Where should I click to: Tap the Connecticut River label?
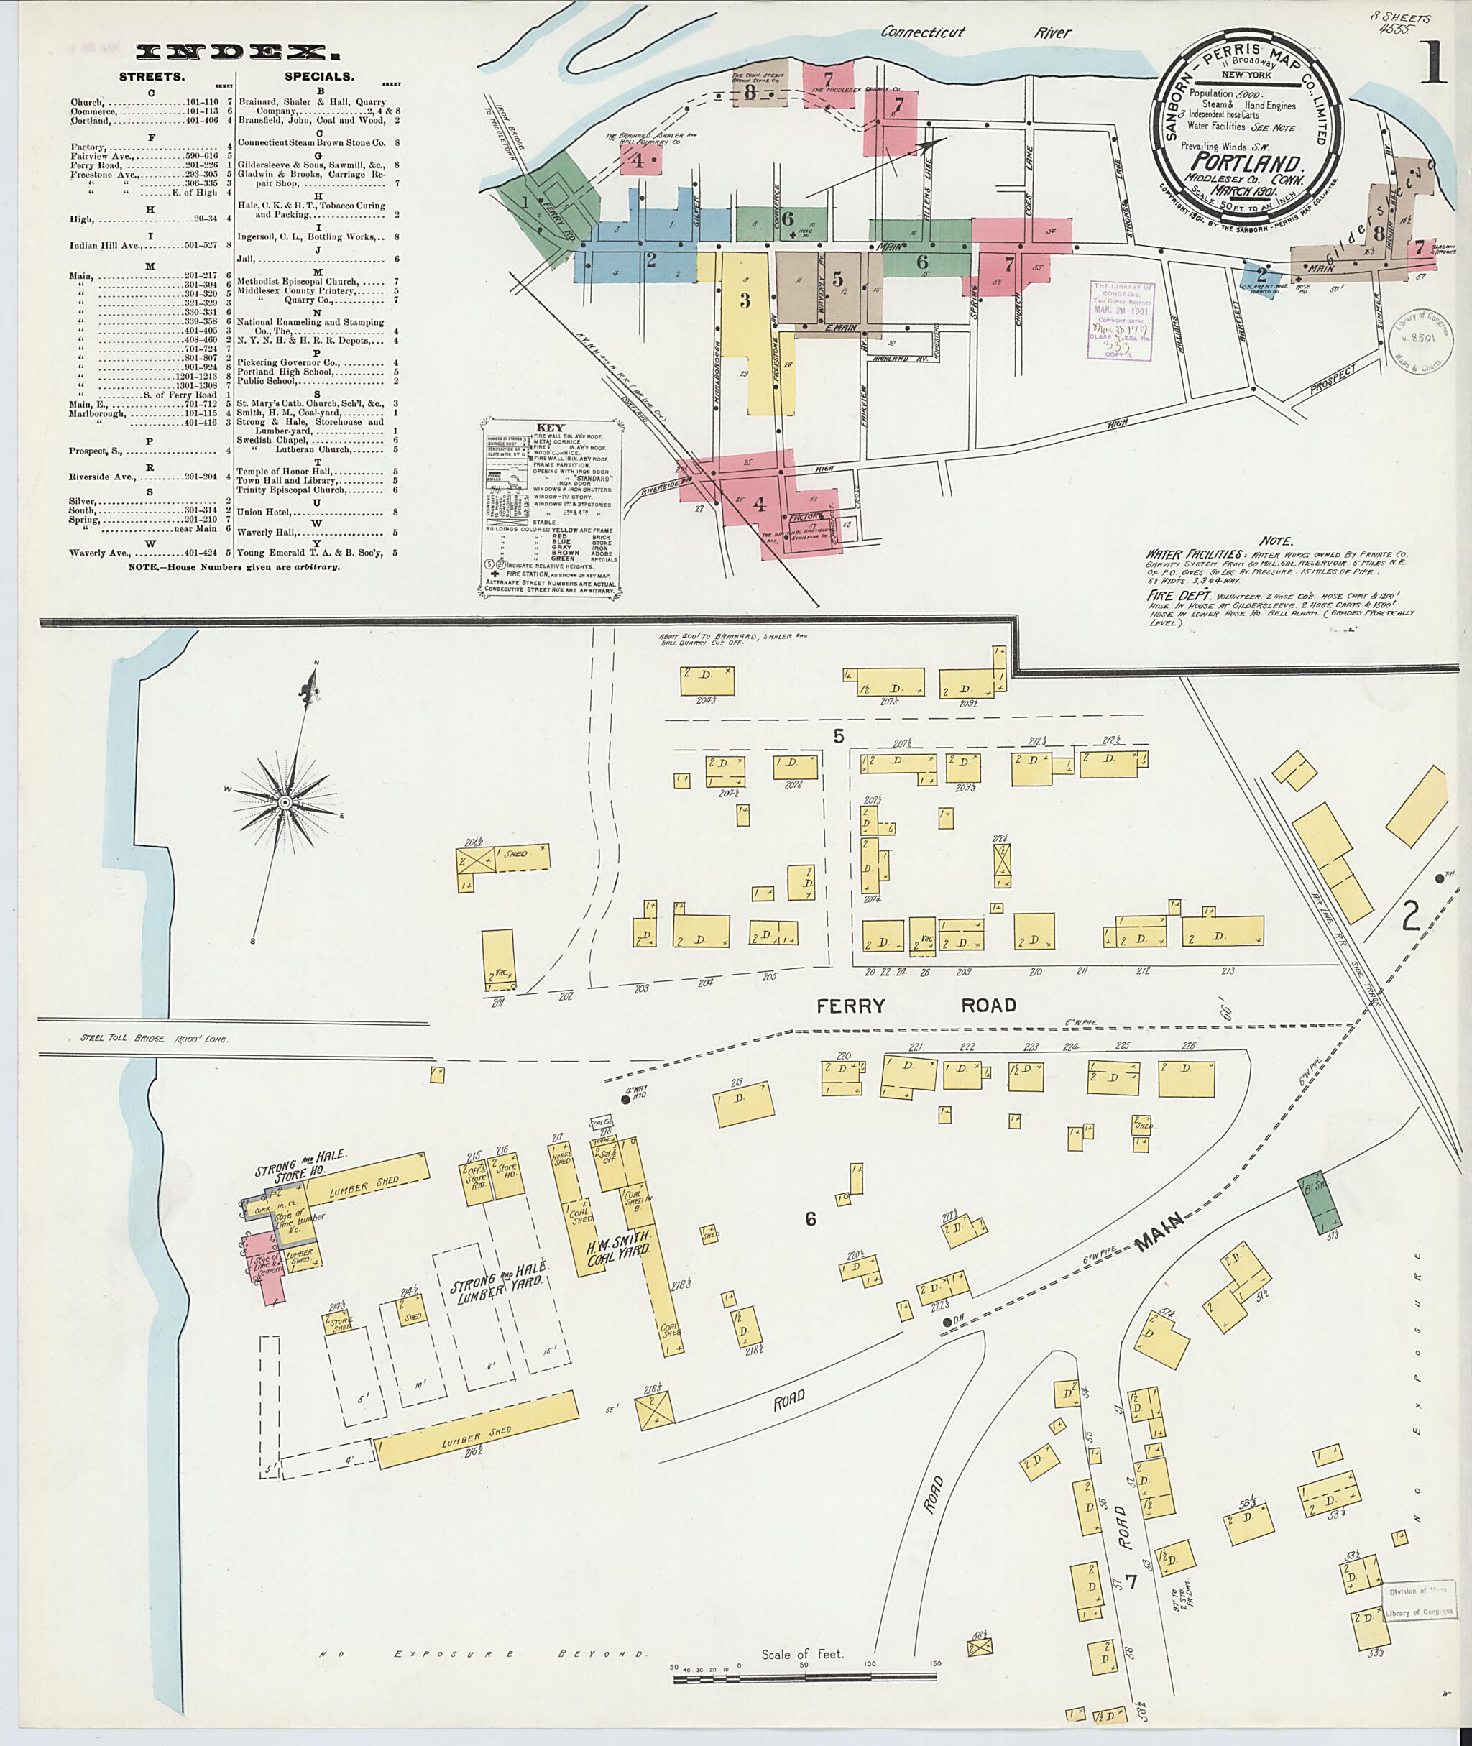(x=976, y=32)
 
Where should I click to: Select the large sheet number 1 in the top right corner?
(x=1432, y=64)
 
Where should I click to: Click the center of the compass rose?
(x=284, y=801)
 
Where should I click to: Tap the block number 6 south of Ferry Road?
(x=810, y=1219)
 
